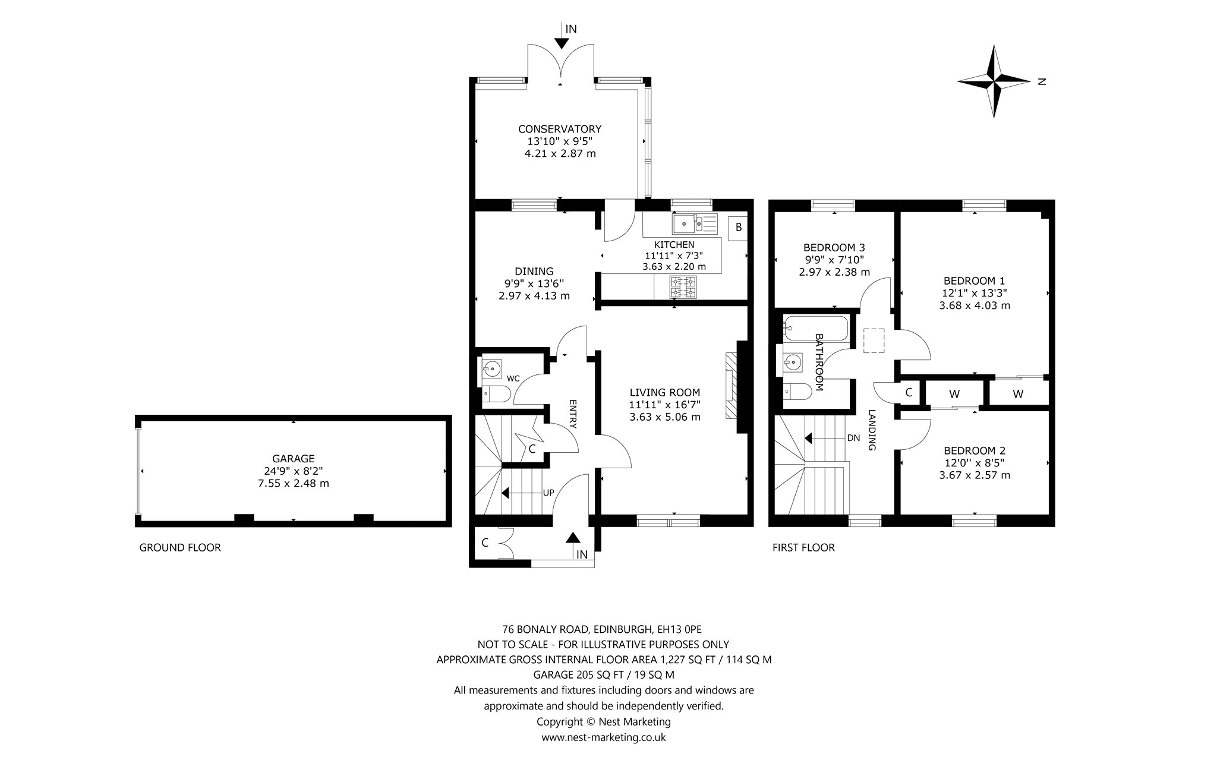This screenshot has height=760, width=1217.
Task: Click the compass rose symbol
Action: tap(994, 81)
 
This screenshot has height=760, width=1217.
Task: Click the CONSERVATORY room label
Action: tap(560, 129)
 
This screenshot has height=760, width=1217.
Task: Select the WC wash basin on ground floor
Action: tap(492, 368)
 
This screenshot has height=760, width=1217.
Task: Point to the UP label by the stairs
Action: tap(548, 493)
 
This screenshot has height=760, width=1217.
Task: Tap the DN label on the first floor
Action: tap(853, 438)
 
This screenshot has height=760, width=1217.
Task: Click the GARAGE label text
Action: tap(293, 459)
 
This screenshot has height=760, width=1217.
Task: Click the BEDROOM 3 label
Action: tap(834, 247)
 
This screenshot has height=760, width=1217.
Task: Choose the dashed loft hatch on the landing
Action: tap(875, 340)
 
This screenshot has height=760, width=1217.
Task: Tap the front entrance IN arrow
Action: tap(572, 537)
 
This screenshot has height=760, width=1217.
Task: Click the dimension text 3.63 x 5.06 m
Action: tap(665, 417)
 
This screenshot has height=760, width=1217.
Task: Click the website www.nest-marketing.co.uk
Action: tap(603, 737)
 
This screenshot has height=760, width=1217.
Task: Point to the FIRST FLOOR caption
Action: tap(803, 547)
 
